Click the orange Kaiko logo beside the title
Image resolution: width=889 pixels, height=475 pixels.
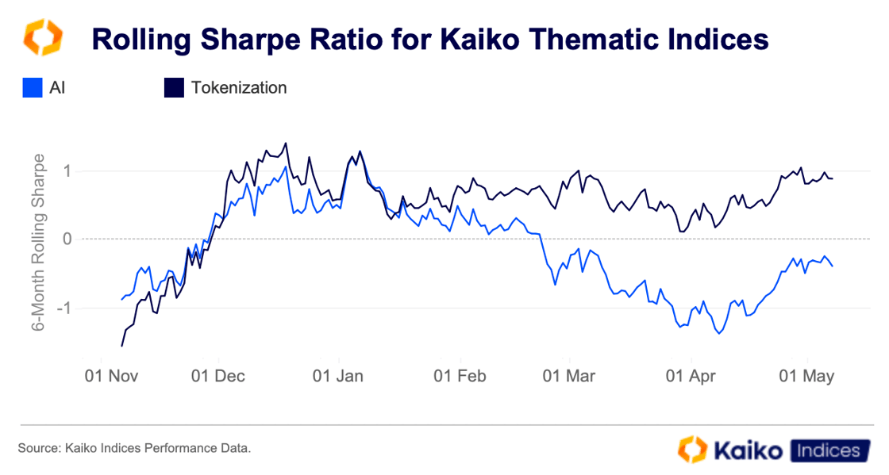click(x=41, y=38)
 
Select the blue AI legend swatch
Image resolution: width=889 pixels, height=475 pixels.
click(x=32, y=87)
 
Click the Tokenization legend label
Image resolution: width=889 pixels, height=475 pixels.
click(x=238, y=87)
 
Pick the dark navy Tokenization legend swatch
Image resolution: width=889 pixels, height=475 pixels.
click(x=174, y=87)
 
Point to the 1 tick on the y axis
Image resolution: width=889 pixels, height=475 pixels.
click(x=67, y=170)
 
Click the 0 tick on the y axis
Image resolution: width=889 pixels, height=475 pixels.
click(x=67, y=239)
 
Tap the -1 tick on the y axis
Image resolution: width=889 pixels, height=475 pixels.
click(x=64, y=308)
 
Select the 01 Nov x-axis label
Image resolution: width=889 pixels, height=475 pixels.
click(x=111, y=375)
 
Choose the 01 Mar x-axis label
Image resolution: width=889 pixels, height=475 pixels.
click(x=568, y=375)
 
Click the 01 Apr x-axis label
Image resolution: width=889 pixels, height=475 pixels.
click(x=689, y=375)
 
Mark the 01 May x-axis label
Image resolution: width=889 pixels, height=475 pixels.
click(x=808, y=375)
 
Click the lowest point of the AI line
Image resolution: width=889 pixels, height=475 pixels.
click(x=719, y=333)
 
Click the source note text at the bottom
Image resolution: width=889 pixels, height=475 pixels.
click(x=134, y=449)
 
